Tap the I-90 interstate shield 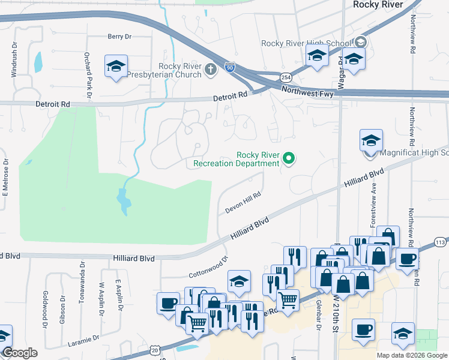tap(230, 67)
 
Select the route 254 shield tap(286, 77)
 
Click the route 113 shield tap(441, 242)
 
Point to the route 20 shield tap(155, 349)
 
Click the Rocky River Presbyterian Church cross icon tap(210, 70)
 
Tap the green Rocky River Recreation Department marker tap(289, 158)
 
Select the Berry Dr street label tap(119, 37)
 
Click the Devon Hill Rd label tap(244, 203)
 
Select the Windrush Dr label tap(14, 59)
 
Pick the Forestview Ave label tap(373, 205)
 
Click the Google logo tap(19, 353)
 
